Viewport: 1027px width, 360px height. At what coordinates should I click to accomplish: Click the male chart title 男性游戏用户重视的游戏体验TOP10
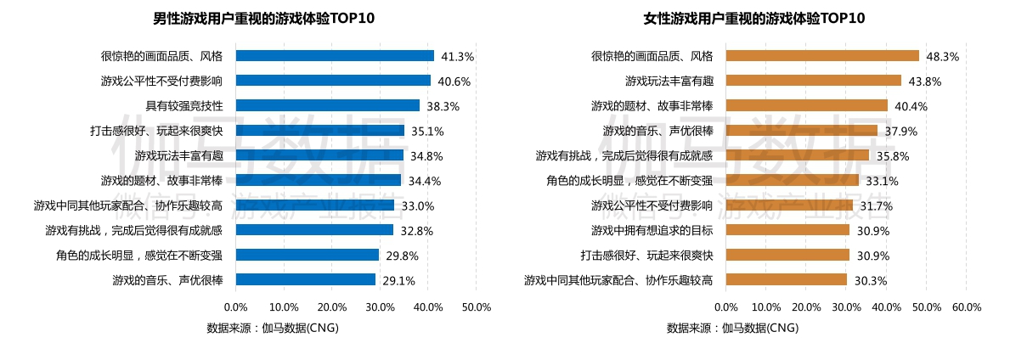[263, 18]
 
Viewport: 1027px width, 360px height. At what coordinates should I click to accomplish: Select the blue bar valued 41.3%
[335, 56]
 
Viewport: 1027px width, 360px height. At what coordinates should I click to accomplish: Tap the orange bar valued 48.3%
[822, 56]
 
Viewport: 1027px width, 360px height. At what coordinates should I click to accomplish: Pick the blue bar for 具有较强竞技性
[327, 106]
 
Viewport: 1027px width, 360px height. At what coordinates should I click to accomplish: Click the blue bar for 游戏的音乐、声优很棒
[305, 279]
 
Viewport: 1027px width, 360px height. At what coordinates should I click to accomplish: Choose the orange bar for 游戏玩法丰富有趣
[813, 81]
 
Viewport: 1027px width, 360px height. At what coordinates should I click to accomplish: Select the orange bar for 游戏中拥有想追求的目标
[787, 230]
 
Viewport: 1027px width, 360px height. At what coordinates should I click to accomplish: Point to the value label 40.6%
[453, 82]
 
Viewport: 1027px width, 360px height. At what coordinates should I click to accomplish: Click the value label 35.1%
[426, 132]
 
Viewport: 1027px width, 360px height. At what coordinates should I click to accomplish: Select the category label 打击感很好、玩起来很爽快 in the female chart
[652, 255]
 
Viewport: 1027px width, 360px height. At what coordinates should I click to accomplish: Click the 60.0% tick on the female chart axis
[967, 307]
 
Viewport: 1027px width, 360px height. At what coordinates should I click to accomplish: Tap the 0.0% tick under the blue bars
[235, 307]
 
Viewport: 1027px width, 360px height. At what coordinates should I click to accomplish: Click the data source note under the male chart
[272, 328]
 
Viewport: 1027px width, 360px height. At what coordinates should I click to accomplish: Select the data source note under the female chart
[732, 328]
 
